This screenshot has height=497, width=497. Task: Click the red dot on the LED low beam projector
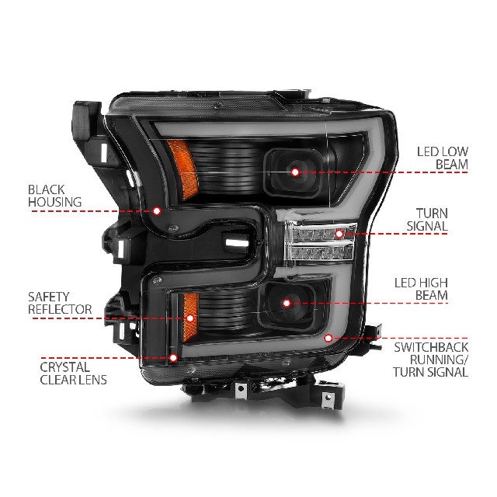click(x=295, y=172)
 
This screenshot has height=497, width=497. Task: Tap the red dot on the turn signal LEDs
click(x=339, y=234)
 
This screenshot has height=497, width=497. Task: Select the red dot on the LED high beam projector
click(x=287, y=304)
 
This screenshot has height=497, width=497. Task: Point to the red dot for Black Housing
click(x=157, y=210)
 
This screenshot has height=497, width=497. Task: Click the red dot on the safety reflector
click(x=190, y=318)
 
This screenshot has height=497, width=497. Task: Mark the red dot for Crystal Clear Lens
click(x=173, y=358)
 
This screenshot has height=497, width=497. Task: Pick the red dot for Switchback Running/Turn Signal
click(x=328, y=339)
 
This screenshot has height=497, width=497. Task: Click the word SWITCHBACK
click(x=431, y=347)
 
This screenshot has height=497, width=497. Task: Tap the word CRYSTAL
click(x=65, y=367)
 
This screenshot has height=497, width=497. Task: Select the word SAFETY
click(x=48, y=297)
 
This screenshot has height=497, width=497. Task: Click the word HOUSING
click(x=55, y=202)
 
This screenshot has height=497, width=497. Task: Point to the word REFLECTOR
click(x=60, y=309)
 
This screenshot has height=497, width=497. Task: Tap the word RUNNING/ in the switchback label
click(x=440, y=360)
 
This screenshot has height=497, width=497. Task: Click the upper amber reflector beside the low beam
click(x=183, y=168)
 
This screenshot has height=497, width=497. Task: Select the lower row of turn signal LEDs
click(x=321, y=252)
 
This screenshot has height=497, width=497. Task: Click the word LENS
click(x=94, y=380)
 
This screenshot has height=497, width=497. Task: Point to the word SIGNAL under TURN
click(x=427, y=226)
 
